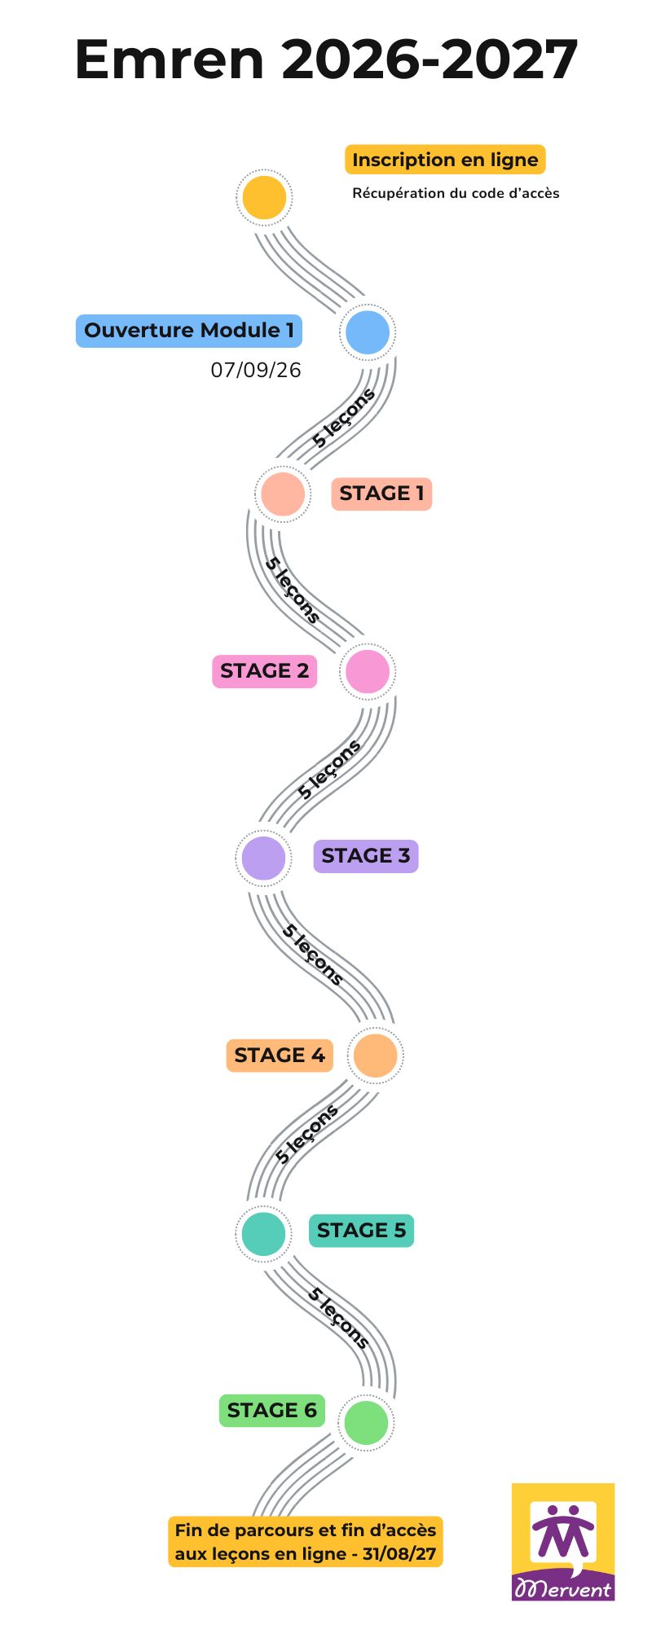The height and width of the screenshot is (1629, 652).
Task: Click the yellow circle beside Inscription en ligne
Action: [264, 197]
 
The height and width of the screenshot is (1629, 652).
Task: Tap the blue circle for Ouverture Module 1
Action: [368, 332]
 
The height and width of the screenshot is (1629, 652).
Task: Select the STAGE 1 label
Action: [381, 494]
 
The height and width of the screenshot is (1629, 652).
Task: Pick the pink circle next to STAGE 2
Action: [368, 671]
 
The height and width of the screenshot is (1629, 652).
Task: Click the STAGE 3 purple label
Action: [366, 856]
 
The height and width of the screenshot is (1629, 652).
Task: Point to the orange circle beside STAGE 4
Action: [375, 1055]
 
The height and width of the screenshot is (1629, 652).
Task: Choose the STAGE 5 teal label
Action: [361, 1230]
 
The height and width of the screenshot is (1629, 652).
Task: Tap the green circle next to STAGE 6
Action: [366, 1421]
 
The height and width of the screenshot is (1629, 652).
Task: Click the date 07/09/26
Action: [256, 370]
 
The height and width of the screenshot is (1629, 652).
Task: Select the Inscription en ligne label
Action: [445, 160]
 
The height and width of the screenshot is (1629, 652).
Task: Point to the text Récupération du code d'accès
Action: [456, 193]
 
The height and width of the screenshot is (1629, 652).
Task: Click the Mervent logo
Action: [563, 1542]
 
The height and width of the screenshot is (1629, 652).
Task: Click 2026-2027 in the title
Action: [430, 60]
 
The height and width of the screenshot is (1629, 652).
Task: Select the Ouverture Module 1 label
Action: [189, 331]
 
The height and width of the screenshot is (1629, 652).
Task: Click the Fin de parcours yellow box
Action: [306, 1541]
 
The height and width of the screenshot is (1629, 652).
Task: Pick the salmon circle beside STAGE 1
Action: [282, 494]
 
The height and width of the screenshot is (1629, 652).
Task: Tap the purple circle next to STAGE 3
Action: [263, 857]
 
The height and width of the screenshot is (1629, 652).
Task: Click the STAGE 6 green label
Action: [271, 1411]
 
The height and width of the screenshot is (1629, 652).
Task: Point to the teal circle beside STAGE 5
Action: [263, 1233]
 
